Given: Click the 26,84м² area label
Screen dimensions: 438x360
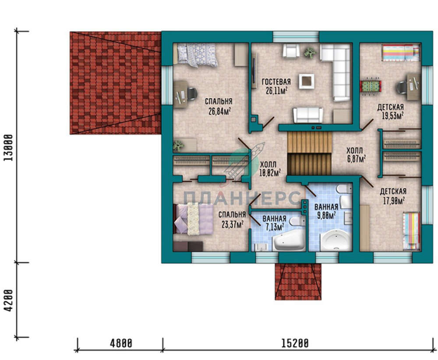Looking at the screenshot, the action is [219, 111].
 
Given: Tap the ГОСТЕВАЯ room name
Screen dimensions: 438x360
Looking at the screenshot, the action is [276, 81].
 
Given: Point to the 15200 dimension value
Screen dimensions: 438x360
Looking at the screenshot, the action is [295, 343].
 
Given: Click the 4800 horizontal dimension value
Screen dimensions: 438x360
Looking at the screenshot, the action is [121, 343].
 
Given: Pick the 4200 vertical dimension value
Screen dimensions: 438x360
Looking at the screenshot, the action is [9, 300].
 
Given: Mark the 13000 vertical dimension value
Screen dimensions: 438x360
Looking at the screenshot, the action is [9, 148].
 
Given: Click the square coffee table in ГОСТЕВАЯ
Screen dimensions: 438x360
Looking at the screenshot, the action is [307, 81].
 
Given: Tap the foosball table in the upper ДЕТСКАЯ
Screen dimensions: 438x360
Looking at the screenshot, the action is [371, 86].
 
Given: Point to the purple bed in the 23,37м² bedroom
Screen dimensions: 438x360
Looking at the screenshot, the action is [193, 219].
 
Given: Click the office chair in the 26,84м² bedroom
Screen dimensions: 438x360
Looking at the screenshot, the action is [191, 94].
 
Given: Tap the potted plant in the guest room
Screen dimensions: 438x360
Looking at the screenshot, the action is [309, 52].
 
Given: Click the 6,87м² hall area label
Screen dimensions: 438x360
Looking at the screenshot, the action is [357, 159].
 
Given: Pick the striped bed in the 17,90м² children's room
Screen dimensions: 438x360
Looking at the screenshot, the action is [411, 231].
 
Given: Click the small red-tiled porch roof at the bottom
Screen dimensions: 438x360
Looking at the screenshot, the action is [298, 282].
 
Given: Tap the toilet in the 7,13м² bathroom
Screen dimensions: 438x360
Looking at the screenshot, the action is [297, 222].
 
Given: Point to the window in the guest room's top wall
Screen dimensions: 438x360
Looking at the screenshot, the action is [296, 37].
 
